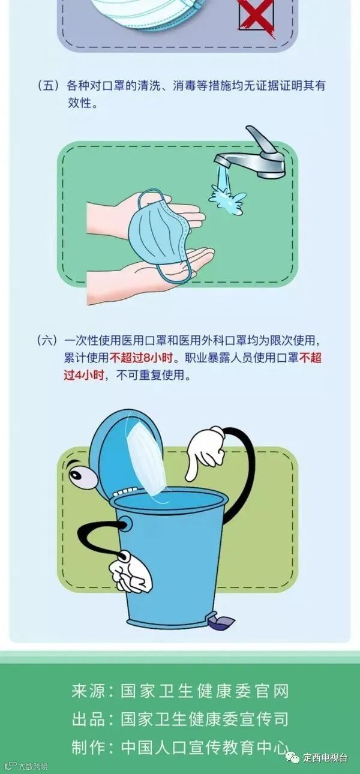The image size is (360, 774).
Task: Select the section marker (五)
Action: point(49,86)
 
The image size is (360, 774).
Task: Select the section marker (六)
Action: point(47,341)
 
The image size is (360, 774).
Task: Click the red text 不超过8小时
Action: point(141,358)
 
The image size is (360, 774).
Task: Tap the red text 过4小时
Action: point(84,375)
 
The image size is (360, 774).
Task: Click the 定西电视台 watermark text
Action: point(325,758)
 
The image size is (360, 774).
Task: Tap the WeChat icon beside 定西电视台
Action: point(295,758)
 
